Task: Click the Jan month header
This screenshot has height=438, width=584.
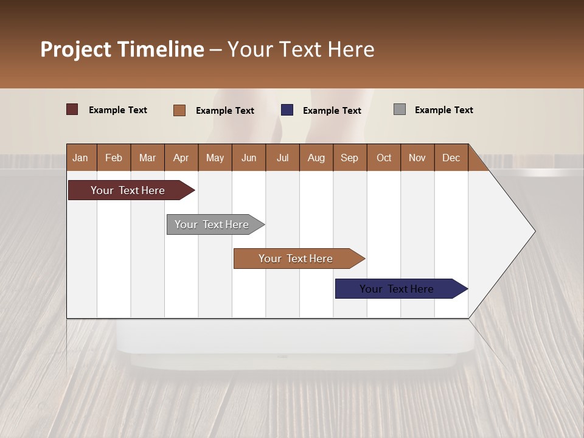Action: pos(80,158)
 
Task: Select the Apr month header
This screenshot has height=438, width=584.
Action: pos(181,158)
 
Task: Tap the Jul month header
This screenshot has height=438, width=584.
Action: pos(282,158)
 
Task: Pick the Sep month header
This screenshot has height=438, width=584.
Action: pos(349,158)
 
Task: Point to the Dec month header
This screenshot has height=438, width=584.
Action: pos(451,158)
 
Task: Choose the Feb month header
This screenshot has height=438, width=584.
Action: pos(114,158)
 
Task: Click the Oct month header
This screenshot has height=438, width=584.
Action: pos(384,158)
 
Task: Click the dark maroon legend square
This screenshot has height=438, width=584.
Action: pos(72,109)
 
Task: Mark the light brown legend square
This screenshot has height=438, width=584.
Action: pos(179,110)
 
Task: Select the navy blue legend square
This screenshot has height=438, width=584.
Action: pos(287,110)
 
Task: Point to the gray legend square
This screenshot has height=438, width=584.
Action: pos(399,109)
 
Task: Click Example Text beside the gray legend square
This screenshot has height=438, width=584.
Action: pos(443,110)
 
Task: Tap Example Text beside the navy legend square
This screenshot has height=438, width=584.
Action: pos(332,111)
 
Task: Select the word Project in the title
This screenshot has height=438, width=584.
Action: pos(76,49)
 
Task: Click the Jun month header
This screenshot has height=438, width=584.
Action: pos(249,158)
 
